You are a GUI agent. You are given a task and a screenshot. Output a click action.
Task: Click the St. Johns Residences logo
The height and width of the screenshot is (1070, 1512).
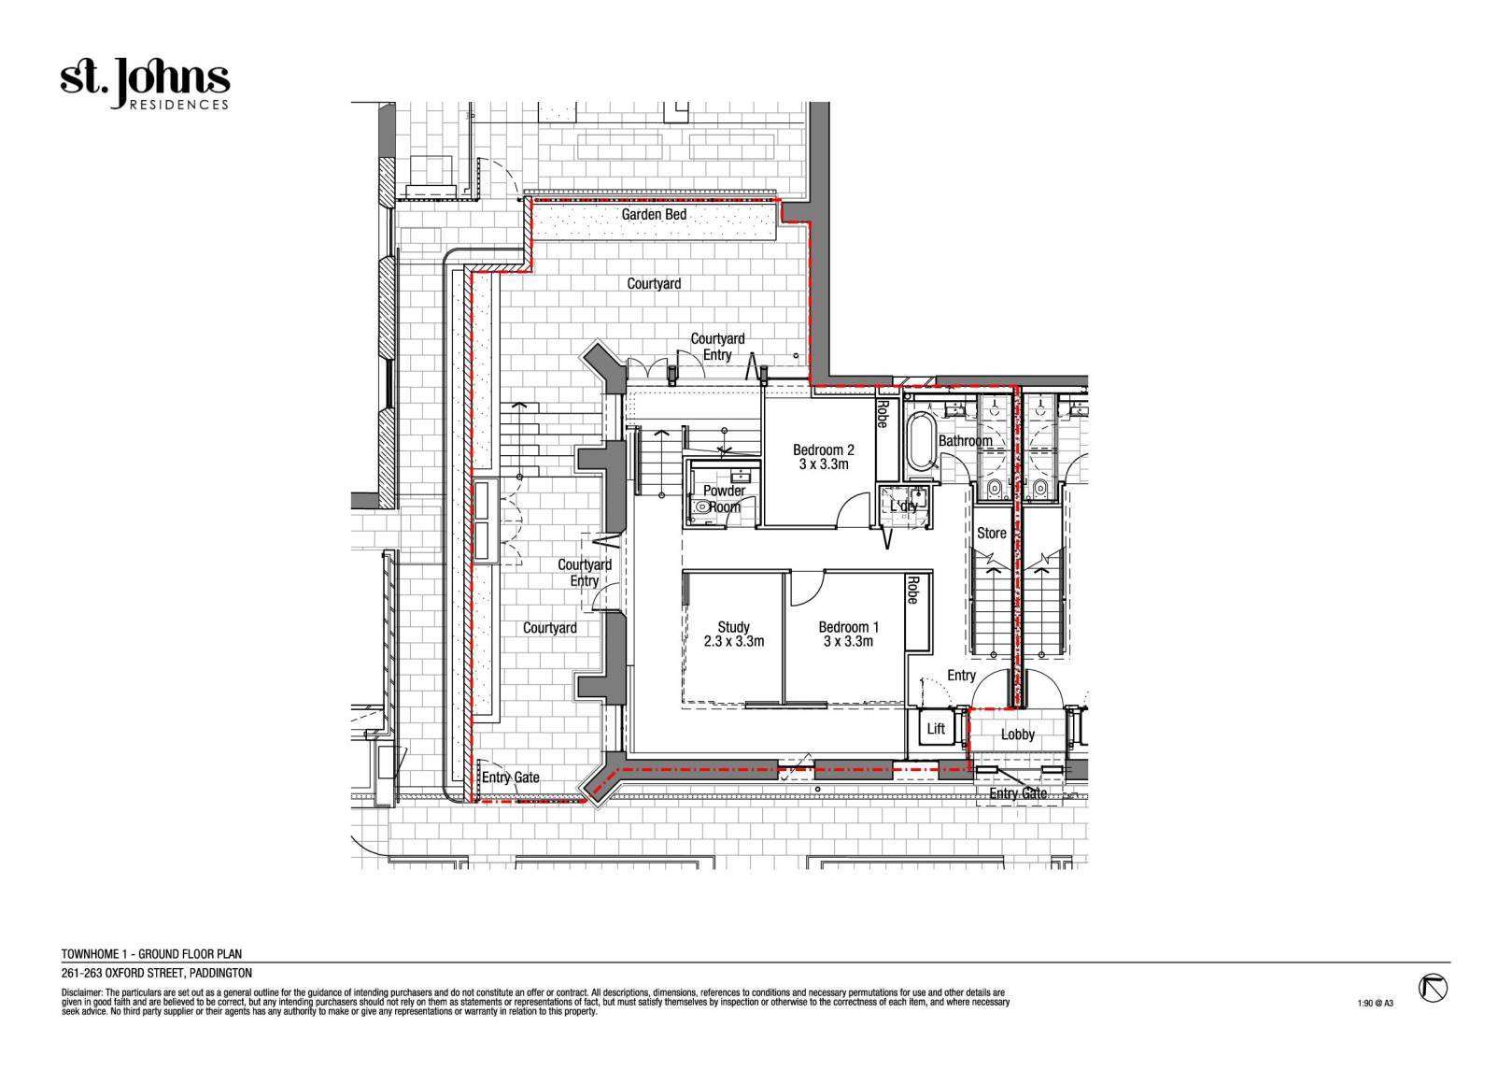pyautogui.click(x=145, y=84)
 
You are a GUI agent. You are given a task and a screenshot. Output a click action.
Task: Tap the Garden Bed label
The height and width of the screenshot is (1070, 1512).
pyautogui.click(x=654, y=214)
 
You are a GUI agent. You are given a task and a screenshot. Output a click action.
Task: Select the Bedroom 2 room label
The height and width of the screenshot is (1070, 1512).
pyautogui.click(x=824, y=457)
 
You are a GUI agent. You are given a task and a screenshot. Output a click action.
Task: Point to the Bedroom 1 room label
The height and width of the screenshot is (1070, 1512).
pyautogui.click(x=849, y=635)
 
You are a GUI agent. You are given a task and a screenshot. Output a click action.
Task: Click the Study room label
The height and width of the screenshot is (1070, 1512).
pyautogui.click(x=734, y=635)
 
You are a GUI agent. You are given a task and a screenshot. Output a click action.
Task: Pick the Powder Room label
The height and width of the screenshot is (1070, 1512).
pyautogui.click(x=724, y=498)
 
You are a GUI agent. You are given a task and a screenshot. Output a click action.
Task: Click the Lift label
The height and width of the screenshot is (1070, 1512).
pyautogui.click(x=936, y=728)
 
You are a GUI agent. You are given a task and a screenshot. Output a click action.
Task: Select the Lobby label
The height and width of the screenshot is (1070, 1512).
pyautogui.click(x=1017, y=735)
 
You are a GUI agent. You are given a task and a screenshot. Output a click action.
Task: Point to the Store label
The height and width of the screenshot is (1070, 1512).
pyautogui.click(x=992, y=533)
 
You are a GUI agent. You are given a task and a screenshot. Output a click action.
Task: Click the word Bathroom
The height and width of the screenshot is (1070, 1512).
pyautogui.click(x=966, y=441)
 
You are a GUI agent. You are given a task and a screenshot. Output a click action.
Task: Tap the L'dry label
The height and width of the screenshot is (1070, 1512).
pyautogui.click(x=904, y=506)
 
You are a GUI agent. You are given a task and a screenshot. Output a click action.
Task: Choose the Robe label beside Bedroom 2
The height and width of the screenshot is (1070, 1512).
pyautogui.click(x=883, y=414)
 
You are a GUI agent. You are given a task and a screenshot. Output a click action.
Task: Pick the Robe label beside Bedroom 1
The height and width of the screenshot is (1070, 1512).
pyautogui.click(x=913, y=590)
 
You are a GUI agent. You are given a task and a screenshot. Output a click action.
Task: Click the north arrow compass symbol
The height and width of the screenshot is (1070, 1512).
pyautogui.click(x=1433, y=989)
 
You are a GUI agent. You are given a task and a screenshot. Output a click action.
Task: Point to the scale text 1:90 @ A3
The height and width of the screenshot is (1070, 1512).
pyautogui.click(x=1375, y=1003)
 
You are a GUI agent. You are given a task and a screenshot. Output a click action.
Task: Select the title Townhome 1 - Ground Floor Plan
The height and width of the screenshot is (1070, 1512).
pyautogui.click(x=152, y=954)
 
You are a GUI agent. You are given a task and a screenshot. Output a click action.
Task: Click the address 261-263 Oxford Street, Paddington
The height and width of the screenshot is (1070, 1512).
pyautogui.click(x=157, y=974)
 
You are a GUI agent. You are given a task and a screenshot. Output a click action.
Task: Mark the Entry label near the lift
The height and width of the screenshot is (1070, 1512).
pyautogui.click(x=961, y=676)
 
